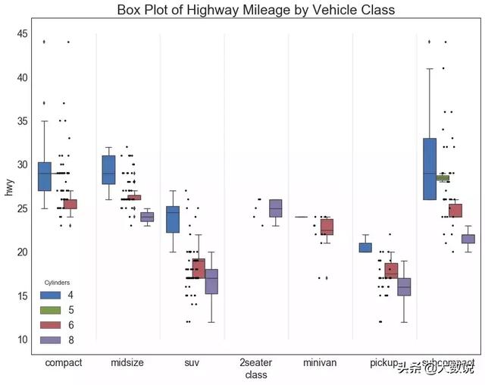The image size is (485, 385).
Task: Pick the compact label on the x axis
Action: pos(64,363)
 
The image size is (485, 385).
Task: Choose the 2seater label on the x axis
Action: pos(256,363)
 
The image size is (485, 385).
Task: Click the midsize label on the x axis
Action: pos(128,363)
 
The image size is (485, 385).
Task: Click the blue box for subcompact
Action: pos(430,168)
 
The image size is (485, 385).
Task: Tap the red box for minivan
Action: pos(327,227)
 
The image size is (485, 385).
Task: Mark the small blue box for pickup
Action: pos(365,247)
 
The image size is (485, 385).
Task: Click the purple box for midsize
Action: pos(147,217)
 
